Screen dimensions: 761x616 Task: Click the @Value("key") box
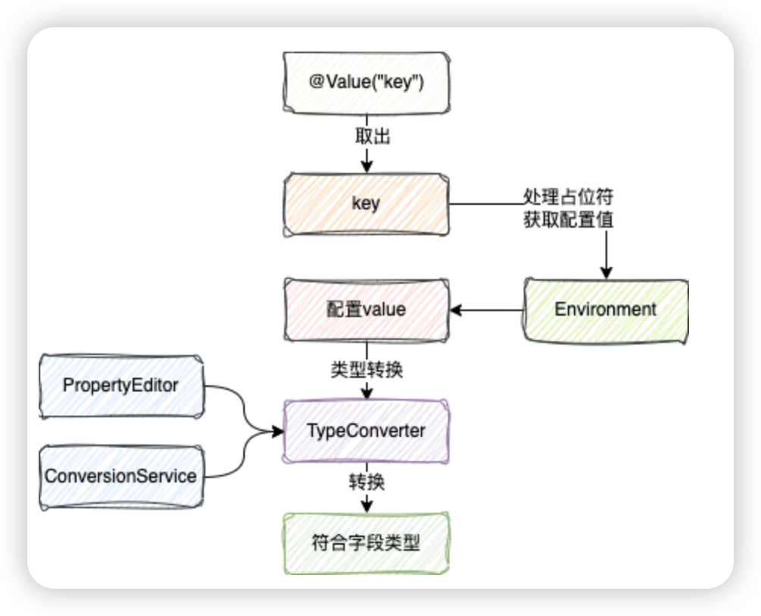[366, 83]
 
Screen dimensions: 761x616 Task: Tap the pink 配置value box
[366, 310]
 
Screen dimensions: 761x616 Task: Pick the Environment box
[606, 311]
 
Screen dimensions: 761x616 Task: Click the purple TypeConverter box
[366, 432]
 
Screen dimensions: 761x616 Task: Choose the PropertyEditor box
[121, 386]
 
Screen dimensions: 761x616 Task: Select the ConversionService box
[121, 477]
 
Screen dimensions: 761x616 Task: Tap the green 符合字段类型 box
[366, 543]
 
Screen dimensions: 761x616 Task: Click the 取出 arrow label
[373, 137]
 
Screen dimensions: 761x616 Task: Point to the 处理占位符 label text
[568, 197]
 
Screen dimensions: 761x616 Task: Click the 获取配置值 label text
[568, 219]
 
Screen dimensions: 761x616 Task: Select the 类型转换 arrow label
[367, 370]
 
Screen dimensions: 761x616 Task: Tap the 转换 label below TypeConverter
[367, 482]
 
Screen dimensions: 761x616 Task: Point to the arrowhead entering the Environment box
[606, 272]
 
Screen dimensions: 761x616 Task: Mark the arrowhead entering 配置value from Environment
[456, 310]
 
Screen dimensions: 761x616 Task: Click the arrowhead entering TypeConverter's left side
[277, 432]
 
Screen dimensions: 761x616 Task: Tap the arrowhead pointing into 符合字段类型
[367, 506]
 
